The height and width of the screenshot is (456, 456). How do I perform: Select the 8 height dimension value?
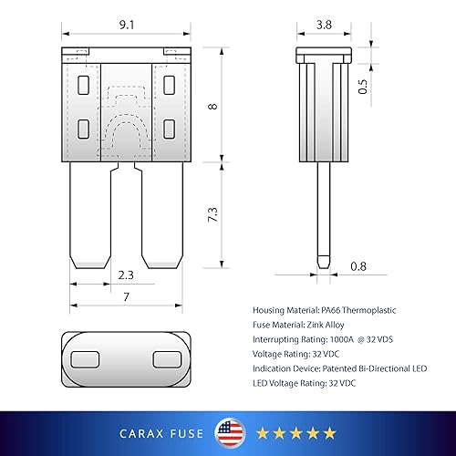pos(212,107)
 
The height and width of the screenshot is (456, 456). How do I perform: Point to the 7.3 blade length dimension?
pos(212,216)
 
